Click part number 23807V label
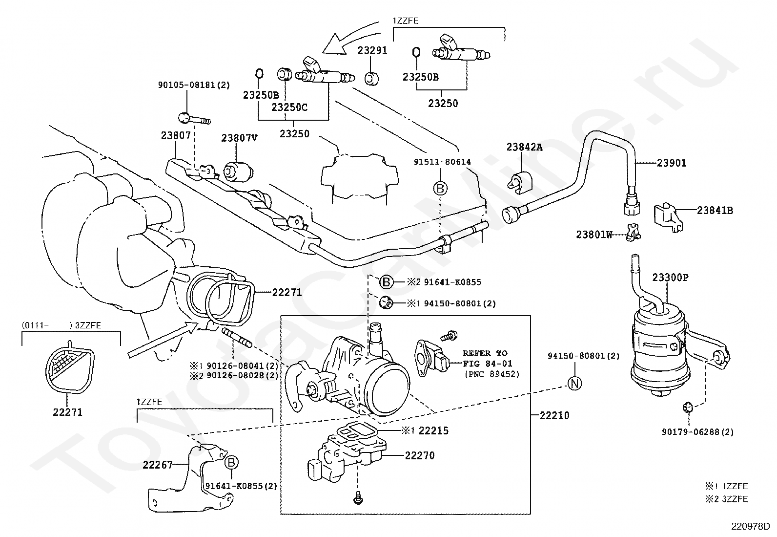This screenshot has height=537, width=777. click(239, 138)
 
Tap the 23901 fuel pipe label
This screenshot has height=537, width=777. click(671, 163)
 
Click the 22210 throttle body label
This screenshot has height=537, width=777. click(554, 416)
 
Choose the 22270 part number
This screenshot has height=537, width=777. click(420, 455)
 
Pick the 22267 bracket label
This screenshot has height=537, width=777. click(158, 465)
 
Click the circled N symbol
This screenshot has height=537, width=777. click(575, 384)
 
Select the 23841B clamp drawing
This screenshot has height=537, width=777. click(666, 215)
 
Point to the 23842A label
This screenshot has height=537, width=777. click(524, 147)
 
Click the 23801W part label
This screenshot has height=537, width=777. click(594, 235)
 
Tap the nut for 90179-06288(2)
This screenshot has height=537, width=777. click(686, 407)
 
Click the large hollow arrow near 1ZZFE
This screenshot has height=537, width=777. click(335, 43)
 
